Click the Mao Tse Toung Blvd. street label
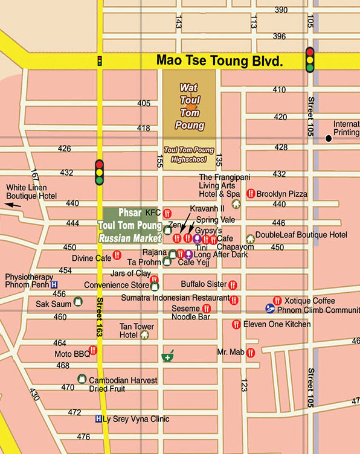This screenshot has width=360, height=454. pyautogui.click(x=219, y=60)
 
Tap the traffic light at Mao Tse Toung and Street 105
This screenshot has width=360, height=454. pyautogui.click(x=310, y=60)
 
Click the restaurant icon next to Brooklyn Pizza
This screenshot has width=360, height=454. pyautogui.click(x=250, y=194)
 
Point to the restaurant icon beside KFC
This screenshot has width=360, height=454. pyautogui.click(x=167, y=213)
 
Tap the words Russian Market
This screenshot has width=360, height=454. pyautogui.click(x=130, y=238)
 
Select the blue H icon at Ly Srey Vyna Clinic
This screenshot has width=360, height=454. pyautogui.click(x=98, y=419)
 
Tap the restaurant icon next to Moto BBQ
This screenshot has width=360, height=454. pyautogui.click(x=92, y=350)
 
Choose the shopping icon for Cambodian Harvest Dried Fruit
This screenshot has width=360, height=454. pyautogui.click(x=82, y=379)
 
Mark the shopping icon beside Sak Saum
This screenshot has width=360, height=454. pyautogui.click(x=77, y=301)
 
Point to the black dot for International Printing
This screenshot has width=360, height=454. pyautogui.click(x=329, y=138)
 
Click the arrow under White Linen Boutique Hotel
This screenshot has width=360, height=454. pyautogui.click(x=13, y=205)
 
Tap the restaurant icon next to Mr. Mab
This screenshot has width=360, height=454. pyautogui.click(x=250, y=352)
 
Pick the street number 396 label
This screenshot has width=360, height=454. pyautogui.click(x=280, y=36)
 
